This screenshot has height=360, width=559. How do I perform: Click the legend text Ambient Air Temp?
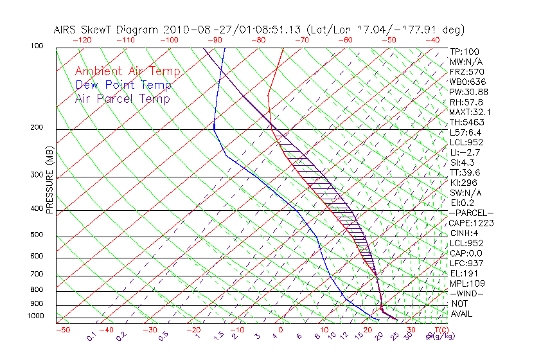[127, 71]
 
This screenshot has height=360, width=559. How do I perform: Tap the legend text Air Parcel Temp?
[122, 98]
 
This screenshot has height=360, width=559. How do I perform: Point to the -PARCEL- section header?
[471, 213]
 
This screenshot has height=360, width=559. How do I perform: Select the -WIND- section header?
[467, 293]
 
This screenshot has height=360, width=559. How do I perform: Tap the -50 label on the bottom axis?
[62, 330]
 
